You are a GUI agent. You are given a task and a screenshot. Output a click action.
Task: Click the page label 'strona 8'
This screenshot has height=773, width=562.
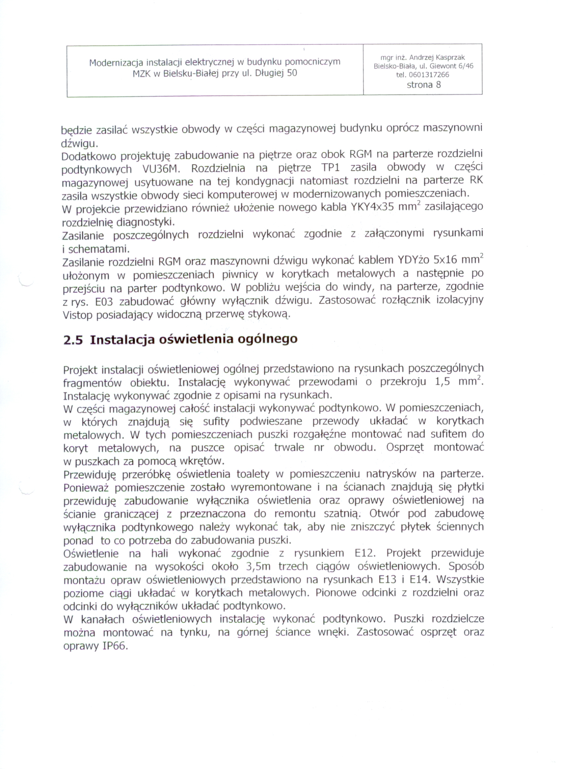tap(423, 85)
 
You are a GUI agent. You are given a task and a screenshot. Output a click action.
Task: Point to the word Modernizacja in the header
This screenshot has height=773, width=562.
tap(116, 62)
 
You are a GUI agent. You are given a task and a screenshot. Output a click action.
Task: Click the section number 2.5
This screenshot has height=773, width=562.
tap(73, 340)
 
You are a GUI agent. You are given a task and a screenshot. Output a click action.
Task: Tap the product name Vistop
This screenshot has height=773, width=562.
tap(77, 316)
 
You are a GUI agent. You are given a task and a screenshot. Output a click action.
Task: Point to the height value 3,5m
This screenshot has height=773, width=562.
tap(258, 566)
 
